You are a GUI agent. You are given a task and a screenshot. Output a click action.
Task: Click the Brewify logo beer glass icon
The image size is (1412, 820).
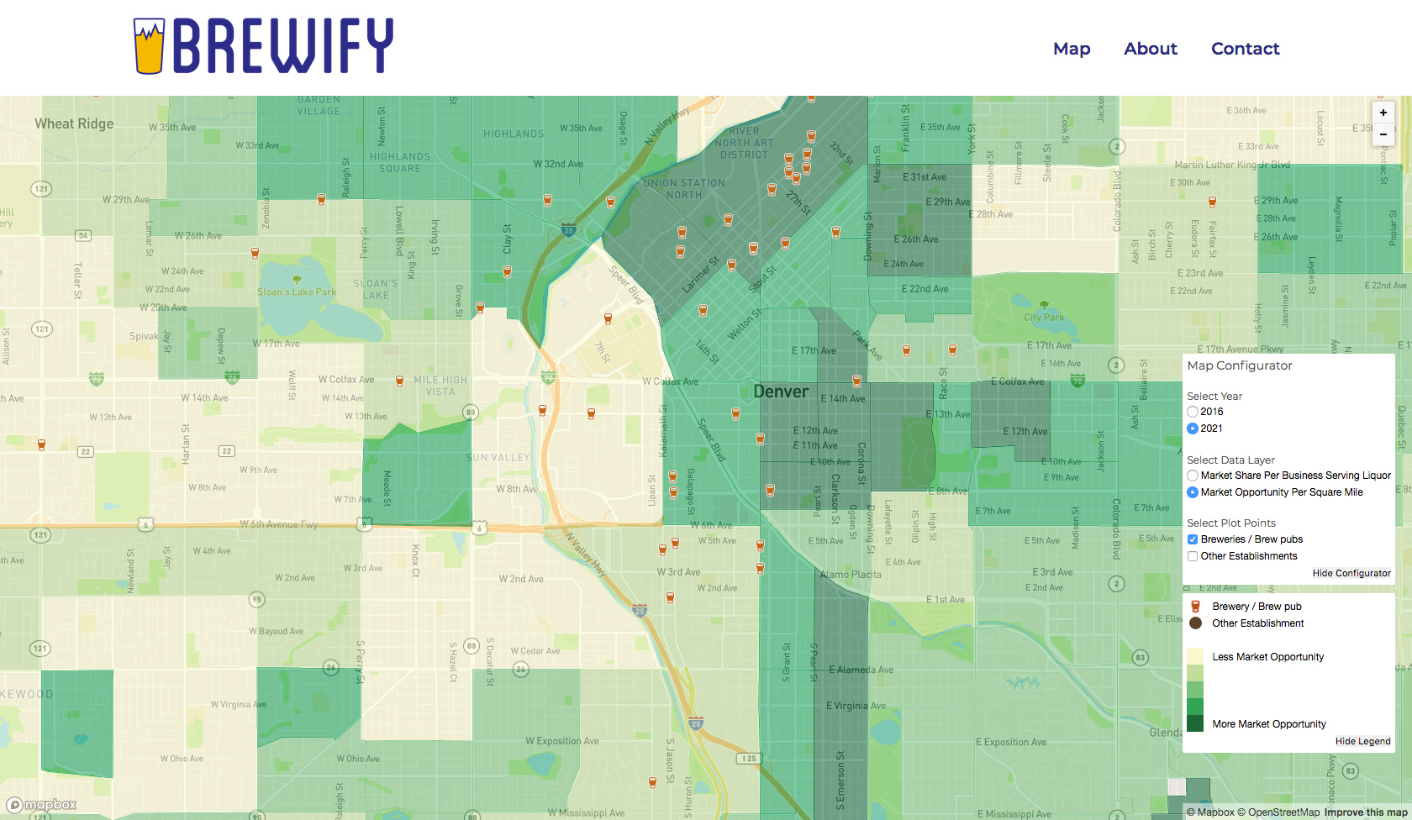149,46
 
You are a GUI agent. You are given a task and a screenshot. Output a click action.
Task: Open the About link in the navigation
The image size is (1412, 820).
1151,49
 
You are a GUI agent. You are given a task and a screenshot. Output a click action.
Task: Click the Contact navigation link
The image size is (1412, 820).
1245,49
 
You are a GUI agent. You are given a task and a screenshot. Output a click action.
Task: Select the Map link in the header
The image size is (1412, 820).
1072,49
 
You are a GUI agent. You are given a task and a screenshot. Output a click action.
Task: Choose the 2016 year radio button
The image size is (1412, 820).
1193,412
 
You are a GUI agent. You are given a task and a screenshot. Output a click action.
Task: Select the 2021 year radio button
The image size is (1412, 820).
1193,428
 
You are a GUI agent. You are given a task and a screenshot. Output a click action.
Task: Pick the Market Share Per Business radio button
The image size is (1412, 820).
1193,476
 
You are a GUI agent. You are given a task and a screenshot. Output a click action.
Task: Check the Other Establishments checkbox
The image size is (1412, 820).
1193,556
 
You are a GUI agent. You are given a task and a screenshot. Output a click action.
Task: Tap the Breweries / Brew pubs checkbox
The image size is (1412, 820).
1193,539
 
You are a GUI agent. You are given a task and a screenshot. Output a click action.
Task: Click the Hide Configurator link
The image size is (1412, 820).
1351,573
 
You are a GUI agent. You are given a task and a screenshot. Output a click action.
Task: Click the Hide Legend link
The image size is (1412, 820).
1362,741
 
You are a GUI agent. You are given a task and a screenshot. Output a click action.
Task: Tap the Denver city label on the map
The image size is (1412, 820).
781,392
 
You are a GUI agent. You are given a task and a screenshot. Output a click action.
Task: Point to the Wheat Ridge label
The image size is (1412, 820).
74,124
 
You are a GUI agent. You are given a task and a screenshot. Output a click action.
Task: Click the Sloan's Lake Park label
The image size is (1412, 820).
297,292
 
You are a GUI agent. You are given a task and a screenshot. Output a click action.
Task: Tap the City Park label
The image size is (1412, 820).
1044,318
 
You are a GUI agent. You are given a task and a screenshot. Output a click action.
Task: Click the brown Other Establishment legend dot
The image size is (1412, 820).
1195,623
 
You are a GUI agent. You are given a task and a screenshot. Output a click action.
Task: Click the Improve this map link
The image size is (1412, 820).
1366,812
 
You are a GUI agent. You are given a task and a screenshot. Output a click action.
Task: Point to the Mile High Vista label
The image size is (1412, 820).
440,386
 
